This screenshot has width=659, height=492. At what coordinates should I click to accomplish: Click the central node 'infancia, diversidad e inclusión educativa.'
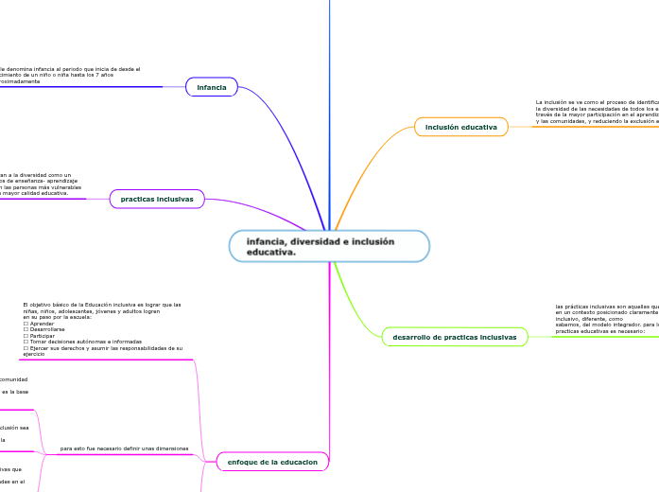pyautogui.click(x=328, y=246)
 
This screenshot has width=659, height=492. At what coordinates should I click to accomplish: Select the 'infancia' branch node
pyautogui.click(x=212, y=87)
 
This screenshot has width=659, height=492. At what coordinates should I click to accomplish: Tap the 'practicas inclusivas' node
pyautogui.click(x=157, y=199)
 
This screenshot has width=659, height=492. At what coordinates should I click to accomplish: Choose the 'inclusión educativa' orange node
pyautogui.click(x=460, y=126)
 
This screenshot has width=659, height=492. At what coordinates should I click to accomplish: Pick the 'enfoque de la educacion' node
pyautogui.click(x=272, y=461)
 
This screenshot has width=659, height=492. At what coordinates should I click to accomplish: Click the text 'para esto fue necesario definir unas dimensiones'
pyautogui.click(x=124, y=448)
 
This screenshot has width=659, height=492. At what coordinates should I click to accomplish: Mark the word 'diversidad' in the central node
pyautogui.click(x=320, y=241)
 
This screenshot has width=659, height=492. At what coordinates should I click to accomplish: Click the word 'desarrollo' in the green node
pyautogui.click(x=411, y=337)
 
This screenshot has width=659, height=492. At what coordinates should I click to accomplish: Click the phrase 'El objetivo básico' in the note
pyautogui.click(x=44, y=305)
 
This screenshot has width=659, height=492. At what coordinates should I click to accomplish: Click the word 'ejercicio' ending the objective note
pyautogui.click(x=33, y=354)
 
